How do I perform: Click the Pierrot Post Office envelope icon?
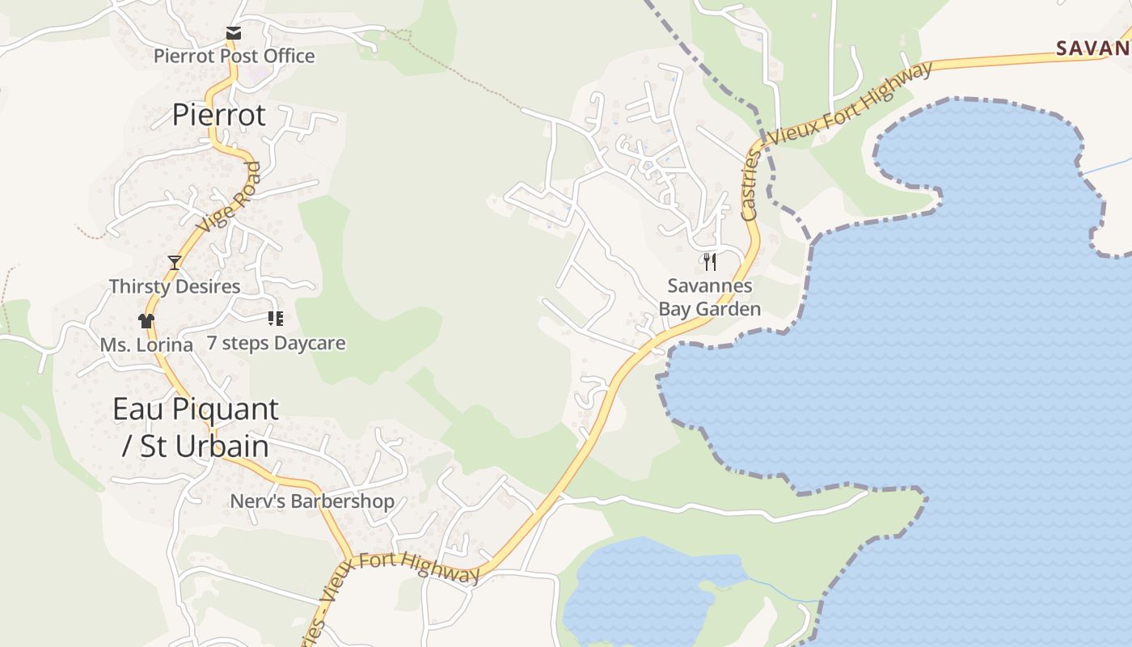coord(234,33)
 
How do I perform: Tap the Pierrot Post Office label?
coord(234,56)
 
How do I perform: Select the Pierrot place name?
coord(218,115)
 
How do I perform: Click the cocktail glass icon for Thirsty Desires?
coord(175,262)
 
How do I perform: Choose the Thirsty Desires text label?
coord(175,286)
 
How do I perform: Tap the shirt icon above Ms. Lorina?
coord(146,321)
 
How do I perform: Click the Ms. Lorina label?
coord(146,345)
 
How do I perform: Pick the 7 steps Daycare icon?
coord(275,319)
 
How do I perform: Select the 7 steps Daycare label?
coord(276,343)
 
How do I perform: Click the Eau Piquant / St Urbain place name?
coord(196,427)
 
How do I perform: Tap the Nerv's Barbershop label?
coord(312,501)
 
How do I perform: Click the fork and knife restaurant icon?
coord(710,261)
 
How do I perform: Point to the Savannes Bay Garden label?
coord(710,297)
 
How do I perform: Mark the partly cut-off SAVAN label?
coord(1093,48)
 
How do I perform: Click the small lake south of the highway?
coord(639,590)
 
